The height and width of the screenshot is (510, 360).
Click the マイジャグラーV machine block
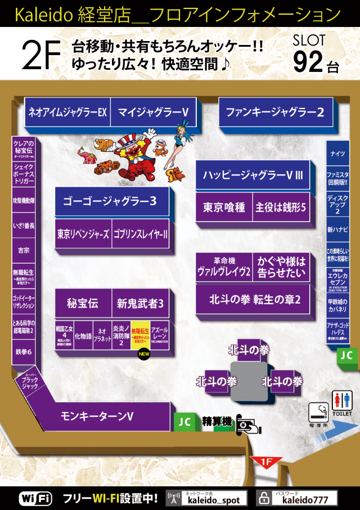tap(152, 112)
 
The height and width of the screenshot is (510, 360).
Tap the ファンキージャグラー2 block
tap(275, 112)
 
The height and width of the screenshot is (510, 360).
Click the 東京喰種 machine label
tap(224, 207)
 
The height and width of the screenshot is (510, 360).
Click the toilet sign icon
tap(342, 402)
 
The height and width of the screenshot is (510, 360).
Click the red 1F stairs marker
tap(267, 462)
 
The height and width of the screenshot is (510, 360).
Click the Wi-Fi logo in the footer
tap(35, 498)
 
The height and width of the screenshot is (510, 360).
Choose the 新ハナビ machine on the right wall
tap(337, 229)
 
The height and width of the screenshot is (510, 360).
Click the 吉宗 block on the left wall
tap(24, 250)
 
